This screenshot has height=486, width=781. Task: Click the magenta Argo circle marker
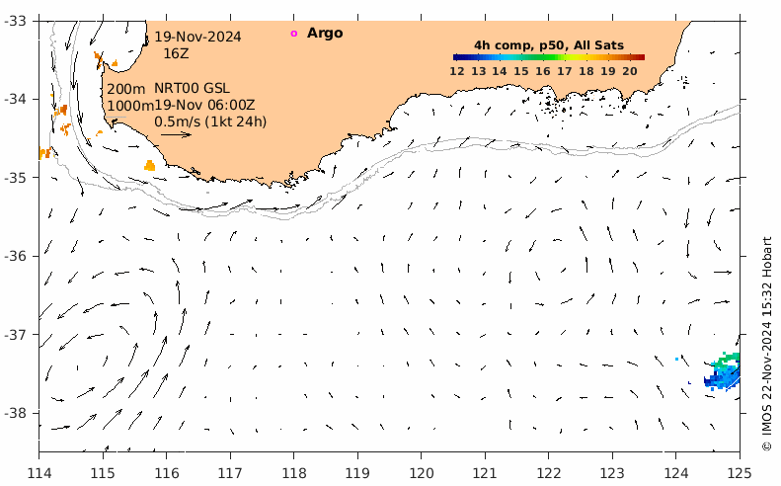coord(293,34)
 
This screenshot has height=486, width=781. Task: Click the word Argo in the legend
coord(325,34)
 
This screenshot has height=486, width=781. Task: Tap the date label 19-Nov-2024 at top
coord(197,38)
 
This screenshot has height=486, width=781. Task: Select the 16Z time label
coord(176,53)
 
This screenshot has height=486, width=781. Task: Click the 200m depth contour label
coord(125,90)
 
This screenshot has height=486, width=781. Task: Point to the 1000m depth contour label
coord(130,106)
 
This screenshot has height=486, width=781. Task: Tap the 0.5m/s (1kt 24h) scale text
coord(210,121)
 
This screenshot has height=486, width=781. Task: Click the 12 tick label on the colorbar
coord(457,71)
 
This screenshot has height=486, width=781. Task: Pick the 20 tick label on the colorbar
coord(629,71)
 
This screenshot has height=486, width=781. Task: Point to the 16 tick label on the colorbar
coord(543,71)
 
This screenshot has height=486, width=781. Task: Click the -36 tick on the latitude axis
coord(19,256)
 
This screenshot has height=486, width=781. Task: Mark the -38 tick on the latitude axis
coord(19,413)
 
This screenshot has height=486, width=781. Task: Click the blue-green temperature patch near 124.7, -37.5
coord(724,372)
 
